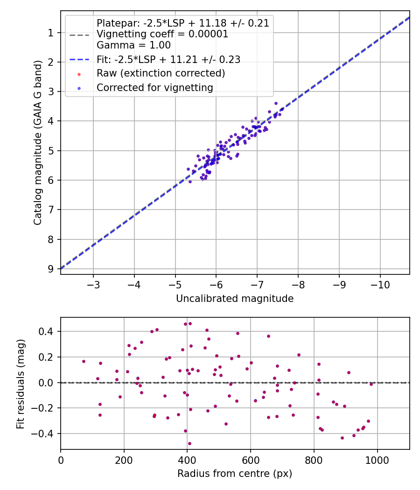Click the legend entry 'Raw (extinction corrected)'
161,73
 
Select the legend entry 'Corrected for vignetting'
154,87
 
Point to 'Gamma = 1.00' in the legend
133,45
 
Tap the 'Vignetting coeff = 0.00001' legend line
162,34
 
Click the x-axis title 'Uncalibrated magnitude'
235,299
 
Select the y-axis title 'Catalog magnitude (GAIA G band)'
38,142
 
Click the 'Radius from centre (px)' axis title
235,474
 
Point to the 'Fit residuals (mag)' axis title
20,383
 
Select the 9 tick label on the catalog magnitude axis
50,269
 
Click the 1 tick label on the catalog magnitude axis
50,33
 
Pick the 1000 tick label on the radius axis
377,460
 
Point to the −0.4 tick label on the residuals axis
44,434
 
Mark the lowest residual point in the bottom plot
189,443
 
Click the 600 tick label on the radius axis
251,460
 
